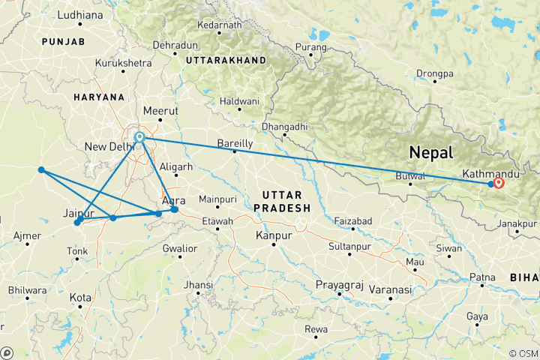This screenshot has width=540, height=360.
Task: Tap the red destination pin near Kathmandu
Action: [x=499, y=182]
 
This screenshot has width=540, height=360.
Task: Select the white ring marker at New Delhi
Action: [x=139, y=137]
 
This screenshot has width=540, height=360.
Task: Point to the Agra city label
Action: [x=173, y=201]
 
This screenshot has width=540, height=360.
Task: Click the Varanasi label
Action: [x=390, y=289]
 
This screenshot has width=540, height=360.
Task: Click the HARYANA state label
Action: [x=98, y=97]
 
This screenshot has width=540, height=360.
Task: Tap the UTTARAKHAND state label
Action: [x=226, y=59]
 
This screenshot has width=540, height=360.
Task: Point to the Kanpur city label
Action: [x=273, y=236]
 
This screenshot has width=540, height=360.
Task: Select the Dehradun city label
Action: [x=174, y=46]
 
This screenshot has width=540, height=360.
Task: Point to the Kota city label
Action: [x=80, y=298]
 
